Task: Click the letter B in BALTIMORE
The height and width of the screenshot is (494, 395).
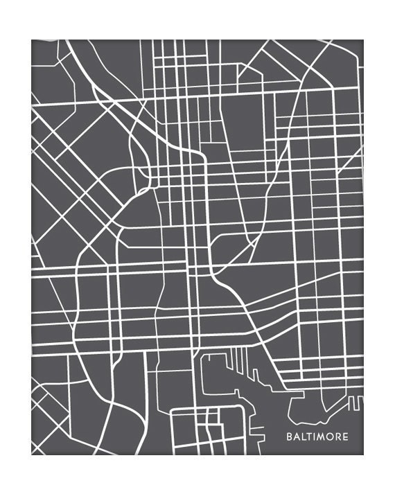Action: (x=289, y=437)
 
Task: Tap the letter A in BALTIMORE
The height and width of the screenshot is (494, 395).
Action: (x=296, y=437)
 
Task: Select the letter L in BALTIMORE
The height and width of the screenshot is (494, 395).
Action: (x=303, y=437)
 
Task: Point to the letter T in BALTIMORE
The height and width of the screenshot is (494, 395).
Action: (x=309, y=437)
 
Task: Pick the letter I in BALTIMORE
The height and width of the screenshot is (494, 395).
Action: (x=315, y=437)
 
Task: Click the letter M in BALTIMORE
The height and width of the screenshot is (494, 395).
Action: (x=322, y=437)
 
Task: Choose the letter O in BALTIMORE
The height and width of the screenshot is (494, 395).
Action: (x=330, y=437)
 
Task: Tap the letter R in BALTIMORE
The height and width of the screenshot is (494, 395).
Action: (x=337, y=437)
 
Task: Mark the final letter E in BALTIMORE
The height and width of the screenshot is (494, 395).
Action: (x=345, y=437)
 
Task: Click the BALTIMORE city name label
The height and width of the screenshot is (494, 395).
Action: (x=317, y=437)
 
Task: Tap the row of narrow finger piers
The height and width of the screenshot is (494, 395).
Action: (x=239, y=360)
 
